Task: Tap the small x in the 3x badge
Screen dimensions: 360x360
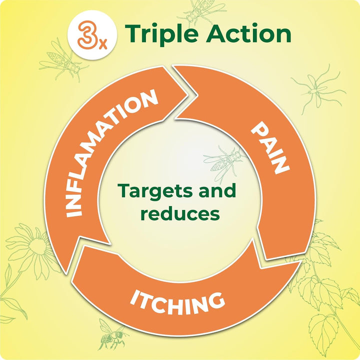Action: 101,41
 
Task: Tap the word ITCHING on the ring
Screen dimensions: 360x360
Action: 177,300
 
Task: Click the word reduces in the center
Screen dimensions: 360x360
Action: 180,213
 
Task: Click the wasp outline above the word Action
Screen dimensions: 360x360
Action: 203,11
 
